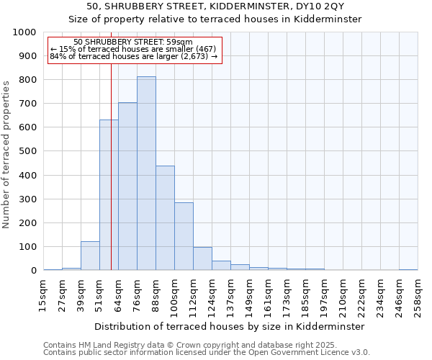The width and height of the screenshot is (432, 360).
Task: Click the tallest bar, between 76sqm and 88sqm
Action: point(146,174)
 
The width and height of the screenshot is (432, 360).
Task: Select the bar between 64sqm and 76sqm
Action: point(127,186)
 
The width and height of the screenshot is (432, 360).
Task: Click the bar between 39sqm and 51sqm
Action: point(90,256)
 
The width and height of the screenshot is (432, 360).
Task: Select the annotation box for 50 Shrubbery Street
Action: point(133,50)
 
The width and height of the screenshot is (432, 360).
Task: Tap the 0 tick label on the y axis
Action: point(34,271)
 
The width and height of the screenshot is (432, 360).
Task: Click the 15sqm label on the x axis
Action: point(43,292)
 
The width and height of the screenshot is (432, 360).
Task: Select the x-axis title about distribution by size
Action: point(229,326)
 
